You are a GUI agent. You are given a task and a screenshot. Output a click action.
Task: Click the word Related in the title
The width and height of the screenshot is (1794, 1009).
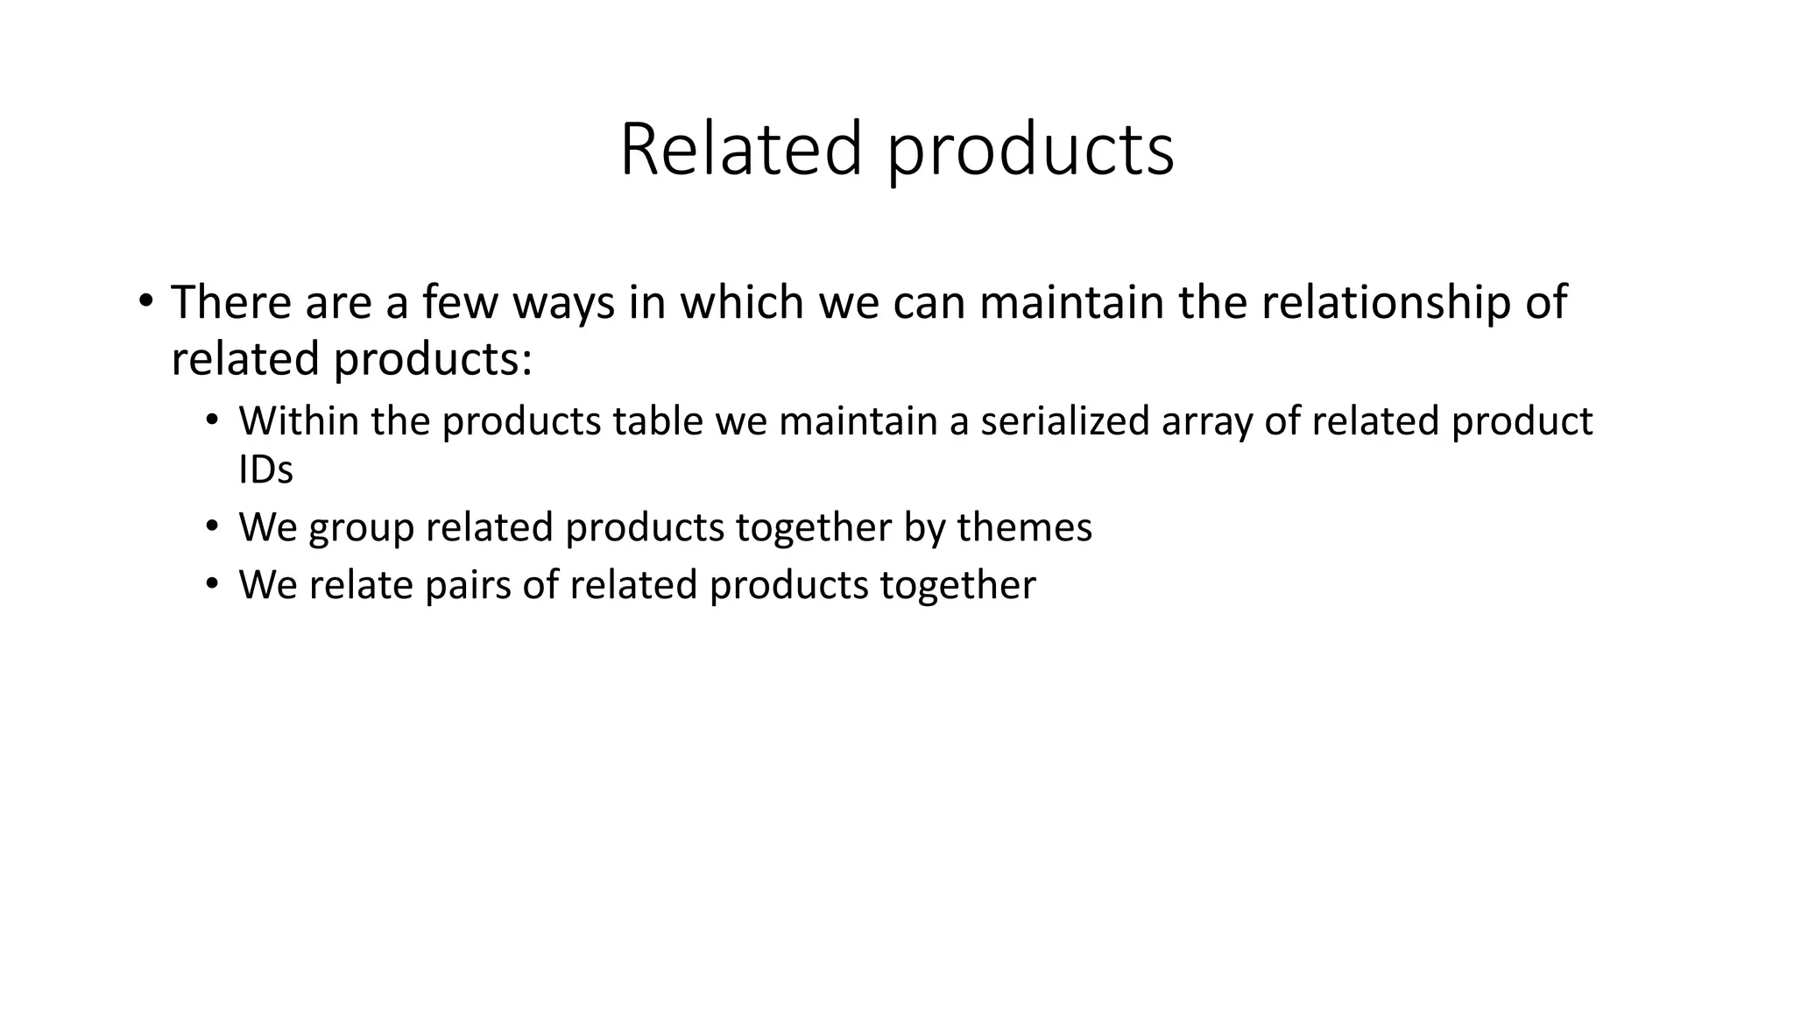point(741,150)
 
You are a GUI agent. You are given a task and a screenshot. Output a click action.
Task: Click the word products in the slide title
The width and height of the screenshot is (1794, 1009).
point(1030,150)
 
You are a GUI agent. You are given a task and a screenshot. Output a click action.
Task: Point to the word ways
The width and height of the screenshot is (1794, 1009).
point(563,303)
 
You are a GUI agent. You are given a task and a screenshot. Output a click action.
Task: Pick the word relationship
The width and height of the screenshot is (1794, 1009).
point(1385,303)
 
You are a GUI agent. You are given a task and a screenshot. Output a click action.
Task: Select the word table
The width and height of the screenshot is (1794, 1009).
point(657,421)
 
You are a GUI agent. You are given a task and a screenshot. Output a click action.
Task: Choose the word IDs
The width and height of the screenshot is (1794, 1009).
point(265,470)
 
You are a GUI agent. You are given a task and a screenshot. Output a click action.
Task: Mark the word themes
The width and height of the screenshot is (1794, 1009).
point(1024,527)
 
